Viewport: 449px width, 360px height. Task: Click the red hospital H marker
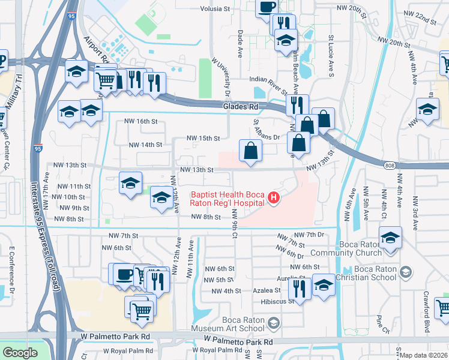pos(274,197)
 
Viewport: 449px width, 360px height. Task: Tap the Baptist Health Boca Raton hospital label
pos(228,199)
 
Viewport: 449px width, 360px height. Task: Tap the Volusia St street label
pos(218,9)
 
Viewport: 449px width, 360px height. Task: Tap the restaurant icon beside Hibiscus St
pos(298,288)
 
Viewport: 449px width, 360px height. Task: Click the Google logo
pos(20,352)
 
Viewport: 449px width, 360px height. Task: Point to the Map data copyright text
pos(424,355)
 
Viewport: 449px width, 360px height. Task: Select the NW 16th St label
pos(140,121)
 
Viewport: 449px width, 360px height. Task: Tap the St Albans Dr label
pos(268,137)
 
